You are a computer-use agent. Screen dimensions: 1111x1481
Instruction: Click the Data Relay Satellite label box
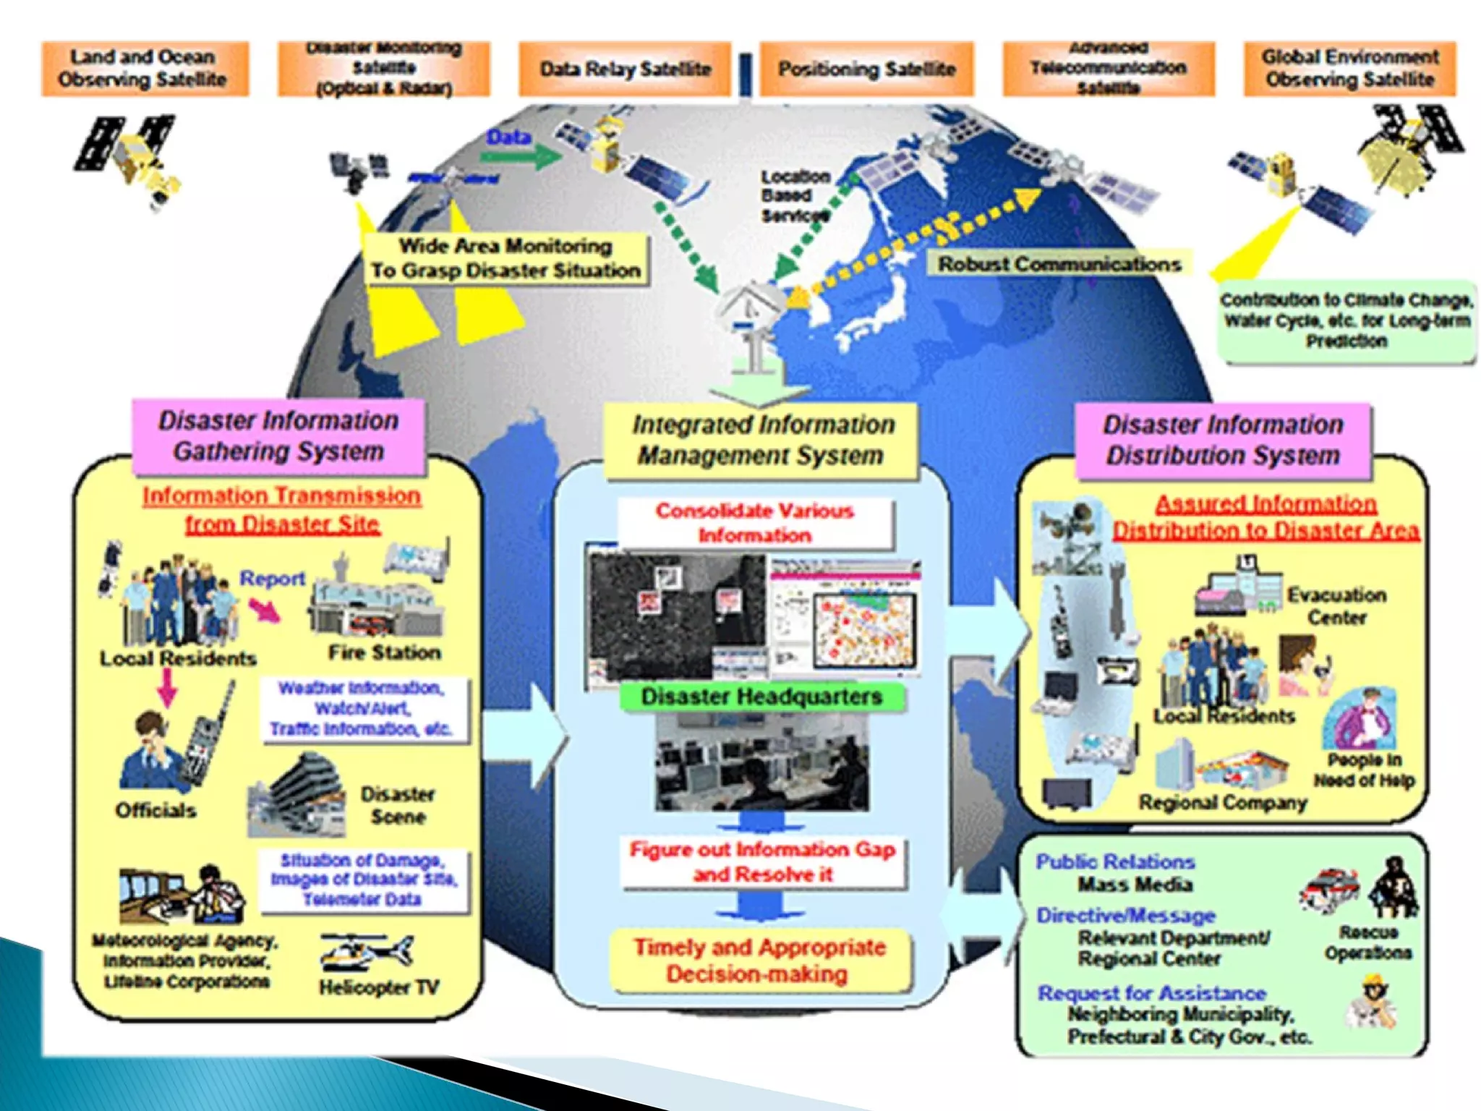point(625,69)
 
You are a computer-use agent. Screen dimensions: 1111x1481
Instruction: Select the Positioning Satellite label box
point(866,69)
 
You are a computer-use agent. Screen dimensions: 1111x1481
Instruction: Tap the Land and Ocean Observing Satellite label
point(143,68)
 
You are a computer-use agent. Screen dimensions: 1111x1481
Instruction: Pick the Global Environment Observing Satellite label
point(1349,68)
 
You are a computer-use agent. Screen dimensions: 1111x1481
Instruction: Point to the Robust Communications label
point(1059,264)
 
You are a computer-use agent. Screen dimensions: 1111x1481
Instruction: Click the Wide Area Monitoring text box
point(505,258)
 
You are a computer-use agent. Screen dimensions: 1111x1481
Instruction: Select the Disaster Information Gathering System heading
point(278,436)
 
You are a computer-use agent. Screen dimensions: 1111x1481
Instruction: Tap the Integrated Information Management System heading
point(762,440)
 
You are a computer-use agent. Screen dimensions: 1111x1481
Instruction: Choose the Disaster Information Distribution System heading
point(1222,440)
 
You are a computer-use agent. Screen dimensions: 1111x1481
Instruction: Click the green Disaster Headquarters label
point(761,697)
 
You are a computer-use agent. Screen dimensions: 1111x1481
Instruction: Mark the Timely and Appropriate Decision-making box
point(759,961)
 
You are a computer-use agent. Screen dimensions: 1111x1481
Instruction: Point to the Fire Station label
point(384,652)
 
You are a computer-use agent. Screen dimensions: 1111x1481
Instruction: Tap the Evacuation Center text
point(1336,606)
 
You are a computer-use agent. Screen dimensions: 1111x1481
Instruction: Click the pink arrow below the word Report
point(265,611)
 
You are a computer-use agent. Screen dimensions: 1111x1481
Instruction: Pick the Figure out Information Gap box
point(762,861)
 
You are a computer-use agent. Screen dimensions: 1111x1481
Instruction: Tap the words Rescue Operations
point(1367,942)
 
